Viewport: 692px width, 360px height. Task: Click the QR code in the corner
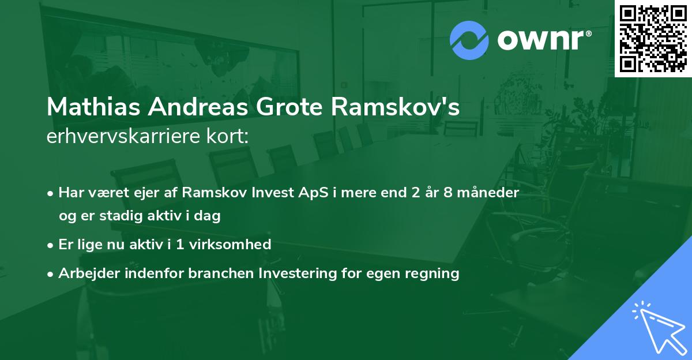[653, 38]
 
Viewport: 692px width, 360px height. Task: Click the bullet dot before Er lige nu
[51, 245]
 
